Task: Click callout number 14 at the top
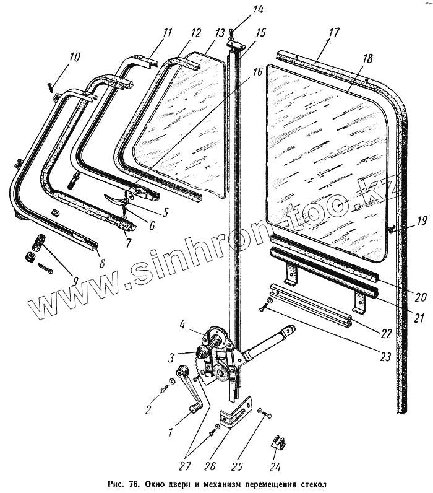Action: click(x=241, y=9)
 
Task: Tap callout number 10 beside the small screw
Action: click(x=75, y=58)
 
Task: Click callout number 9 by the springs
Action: click(x=75, y=280)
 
